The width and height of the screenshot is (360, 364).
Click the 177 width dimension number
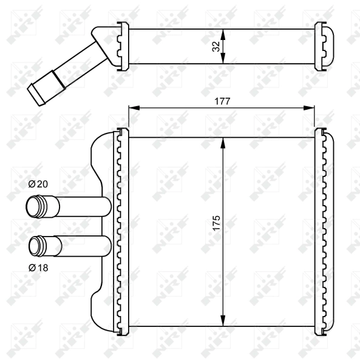coord(222,101)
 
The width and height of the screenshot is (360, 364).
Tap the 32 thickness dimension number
coord(216,46)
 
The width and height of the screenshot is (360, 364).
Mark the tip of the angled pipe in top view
coord(34,94)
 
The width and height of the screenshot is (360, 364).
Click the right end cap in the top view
coord(325,46)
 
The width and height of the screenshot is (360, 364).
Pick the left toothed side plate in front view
coord(120,231)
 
